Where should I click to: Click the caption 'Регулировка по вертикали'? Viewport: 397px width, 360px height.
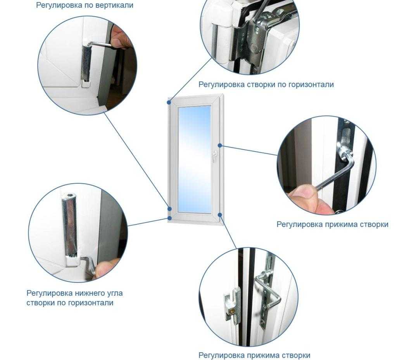click(85, 5)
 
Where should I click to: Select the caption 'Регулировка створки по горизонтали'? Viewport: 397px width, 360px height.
click(266, 84)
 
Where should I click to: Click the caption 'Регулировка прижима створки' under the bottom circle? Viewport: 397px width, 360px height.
click(254, 355)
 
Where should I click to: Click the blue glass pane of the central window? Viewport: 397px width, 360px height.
click(195, 158)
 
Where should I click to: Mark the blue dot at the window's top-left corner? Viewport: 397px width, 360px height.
click(169, 102)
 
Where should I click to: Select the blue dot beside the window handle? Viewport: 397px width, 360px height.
click(220, 145)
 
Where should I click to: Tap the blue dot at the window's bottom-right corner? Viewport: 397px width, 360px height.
click(220, 215)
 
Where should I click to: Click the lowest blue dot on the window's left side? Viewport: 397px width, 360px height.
click(169, 218)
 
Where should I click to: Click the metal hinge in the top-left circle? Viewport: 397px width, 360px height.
click(86, 63)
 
